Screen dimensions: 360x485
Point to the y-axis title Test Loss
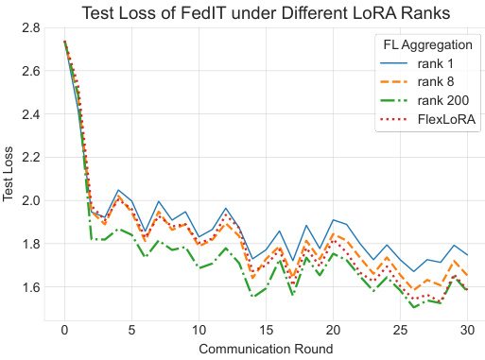click(x=10, y=176)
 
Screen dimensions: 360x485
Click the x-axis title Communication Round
click(x=266, y=349)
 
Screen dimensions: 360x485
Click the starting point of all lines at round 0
click(x=64, y=42)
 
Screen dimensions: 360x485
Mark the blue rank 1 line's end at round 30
click(x=467, y=255)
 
